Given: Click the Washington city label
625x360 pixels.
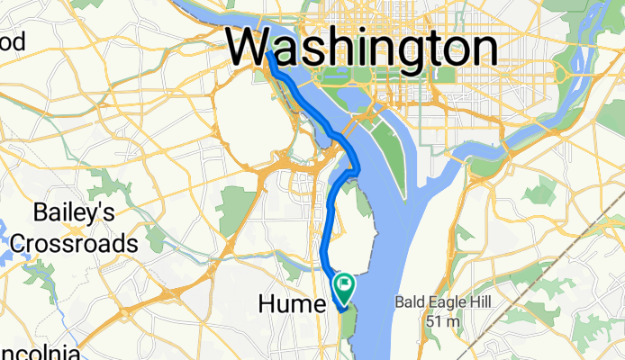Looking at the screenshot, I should click(x=362, y=46).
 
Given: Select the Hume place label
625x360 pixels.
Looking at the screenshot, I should click(x=290, y=306).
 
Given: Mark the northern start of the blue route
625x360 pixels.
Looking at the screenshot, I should click(x=268, y=55).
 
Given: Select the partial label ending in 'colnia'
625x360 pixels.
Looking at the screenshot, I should click(x=31, y=351).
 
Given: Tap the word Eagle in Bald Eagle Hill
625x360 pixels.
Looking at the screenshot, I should click(x=441, y=304).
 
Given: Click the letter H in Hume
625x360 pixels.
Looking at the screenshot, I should click(x=267, y=306).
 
